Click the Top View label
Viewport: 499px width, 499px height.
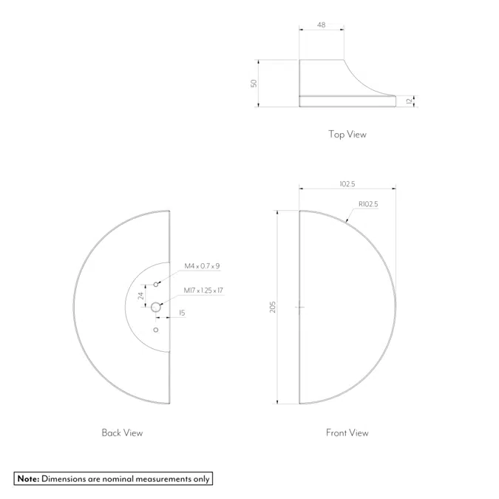click(x=347, y=135)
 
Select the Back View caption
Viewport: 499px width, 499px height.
click(x=122, y=432)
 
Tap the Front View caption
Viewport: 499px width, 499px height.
click(x=347, y=432)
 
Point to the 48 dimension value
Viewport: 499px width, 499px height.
click(x=322, y=25)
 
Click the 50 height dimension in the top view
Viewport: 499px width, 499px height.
click(x=254, y=84)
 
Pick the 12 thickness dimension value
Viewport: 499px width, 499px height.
click(x=408, y=101)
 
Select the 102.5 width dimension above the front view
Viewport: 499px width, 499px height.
click(x=347, y=183)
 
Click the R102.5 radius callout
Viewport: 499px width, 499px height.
click(x=368, y=204)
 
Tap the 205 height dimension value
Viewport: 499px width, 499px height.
click(x=273, y=307)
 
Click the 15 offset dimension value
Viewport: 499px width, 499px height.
click(x=182, y=313)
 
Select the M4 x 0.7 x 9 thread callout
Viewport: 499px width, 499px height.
click(x=202, y=265)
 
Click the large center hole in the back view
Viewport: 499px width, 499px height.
click(x=156, y=307)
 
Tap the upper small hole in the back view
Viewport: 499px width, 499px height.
click(x=156, y=284)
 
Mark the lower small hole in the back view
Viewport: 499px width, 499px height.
click(x=155, y=330)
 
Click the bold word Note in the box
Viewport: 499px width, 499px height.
click(x=28, y=479)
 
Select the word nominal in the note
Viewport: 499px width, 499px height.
click(x=112, y=479)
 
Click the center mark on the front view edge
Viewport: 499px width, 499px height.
click(x=299, y=307)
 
